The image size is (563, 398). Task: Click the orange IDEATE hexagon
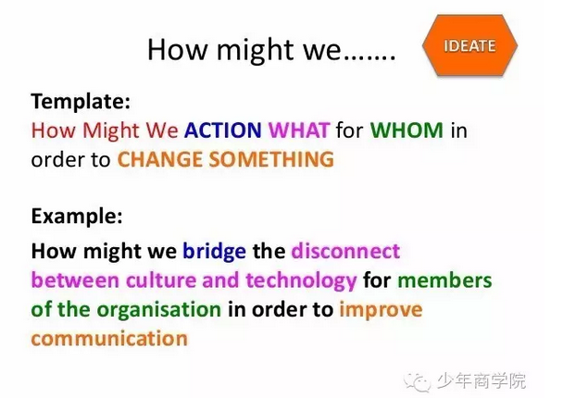click(469, 45)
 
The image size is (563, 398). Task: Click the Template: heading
click(81, 101)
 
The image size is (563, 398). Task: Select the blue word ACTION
click(222, 130)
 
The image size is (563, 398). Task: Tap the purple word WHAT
click(299, 130)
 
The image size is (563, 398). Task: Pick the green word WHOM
click(407, 130)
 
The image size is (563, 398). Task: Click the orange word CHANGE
click(160, 159)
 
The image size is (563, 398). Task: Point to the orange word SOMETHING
click(271, 159)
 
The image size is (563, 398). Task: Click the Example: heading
click(77, 216)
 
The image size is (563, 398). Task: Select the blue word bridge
click(214, 251)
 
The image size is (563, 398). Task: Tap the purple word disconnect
click(345, 251)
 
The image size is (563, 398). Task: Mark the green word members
click(444, 280)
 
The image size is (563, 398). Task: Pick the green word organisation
click(159, 310)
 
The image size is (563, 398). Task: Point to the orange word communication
click(109, 339)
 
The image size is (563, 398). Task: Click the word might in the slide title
click(256, 51)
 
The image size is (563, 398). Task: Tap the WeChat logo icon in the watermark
click(417, 381)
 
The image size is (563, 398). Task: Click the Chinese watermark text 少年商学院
click(482, 380)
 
